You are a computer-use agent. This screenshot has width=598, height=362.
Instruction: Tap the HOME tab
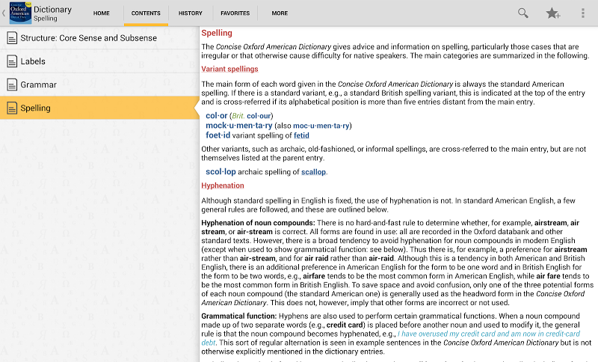[x=102, y=13]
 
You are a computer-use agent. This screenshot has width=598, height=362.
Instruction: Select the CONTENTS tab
[x=146, y=13]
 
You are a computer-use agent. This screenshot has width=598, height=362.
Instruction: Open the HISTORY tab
[x=191, y=13]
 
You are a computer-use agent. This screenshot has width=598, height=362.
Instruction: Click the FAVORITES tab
[x=235, y=13]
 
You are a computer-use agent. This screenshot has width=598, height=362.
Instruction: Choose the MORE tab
[x=280, y=13]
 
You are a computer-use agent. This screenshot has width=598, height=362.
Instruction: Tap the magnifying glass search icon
[x=523, y=13]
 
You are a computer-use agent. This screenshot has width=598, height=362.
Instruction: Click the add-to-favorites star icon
[x=553, y=13]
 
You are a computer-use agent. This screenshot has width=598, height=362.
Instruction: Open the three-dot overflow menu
[x=583, y=13]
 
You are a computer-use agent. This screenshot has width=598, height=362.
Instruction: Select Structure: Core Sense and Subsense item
[x=88, y=38]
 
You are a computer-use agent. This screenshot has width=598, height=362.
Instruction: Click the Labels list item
[x=33, y=61]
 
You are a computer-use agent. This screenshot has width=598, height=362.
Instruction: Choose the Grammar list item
[x=38, y=85]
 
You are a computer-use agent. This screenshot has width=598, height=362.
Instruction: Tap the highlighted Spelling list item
[x=35, y=108]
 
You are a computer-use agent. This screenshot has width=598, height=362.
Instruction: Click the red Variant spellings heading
[x=229, y=70]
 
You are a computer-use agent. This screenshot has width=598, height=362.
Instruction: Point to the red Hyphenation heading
[x=223, y=185]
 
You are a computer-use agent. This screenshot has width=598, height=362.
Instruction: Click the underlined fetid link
[x=301, y=136]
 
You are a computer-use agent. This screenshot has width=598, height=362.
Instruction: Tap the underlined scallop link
[x=313, y=172]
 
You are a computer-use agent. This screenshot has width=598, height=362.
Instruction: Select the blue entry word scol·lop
[x=221, y=172]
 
